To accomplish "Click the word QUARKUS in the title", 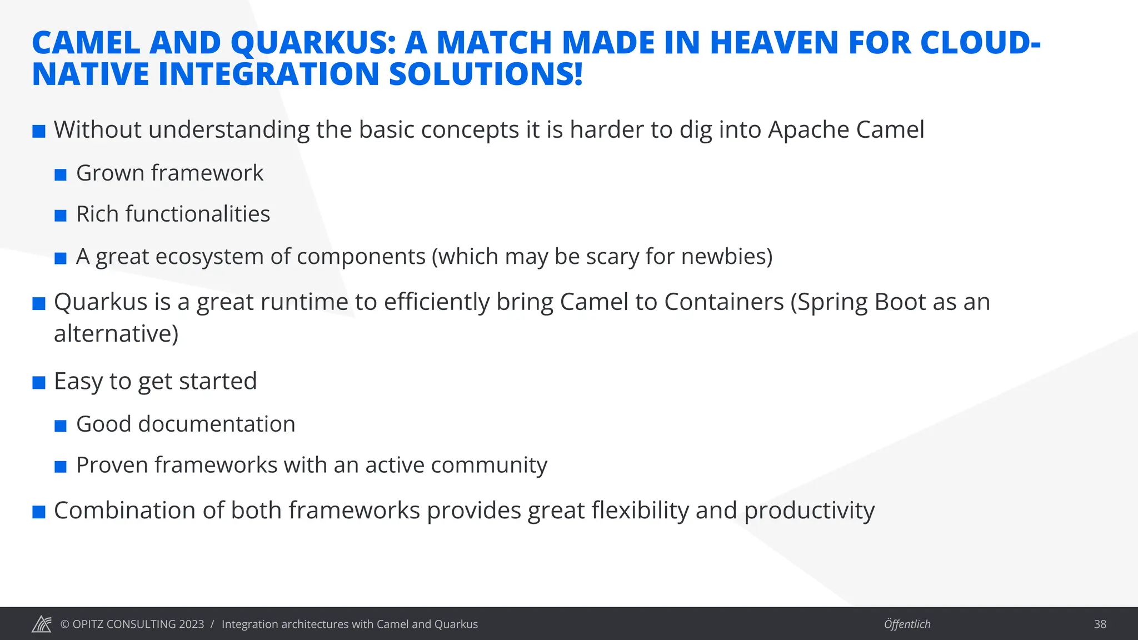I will pos(313,43).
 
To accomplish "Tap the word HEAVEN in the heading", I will pos(773,43).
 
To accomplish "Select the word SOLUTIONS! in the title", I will pos(486,74).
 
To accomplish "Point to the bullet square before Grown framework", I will pos(61,175).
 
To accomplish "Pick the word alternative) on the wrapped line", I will pos(116,334).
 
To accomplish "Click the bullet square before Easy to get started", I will pos(39,383).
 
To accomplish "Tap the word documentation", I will pos(217,424).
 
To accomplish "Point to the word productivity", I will pos(809,511).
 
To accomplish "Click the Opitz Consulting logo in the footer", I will pos(42,624).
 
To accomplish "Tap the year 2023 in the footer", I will pos(191,624).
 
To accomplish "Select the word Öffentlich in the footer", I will pos(907,624).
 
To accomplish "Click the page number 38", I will pos(1100,624).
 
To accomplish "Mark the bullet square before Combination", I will pos(39,512).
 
